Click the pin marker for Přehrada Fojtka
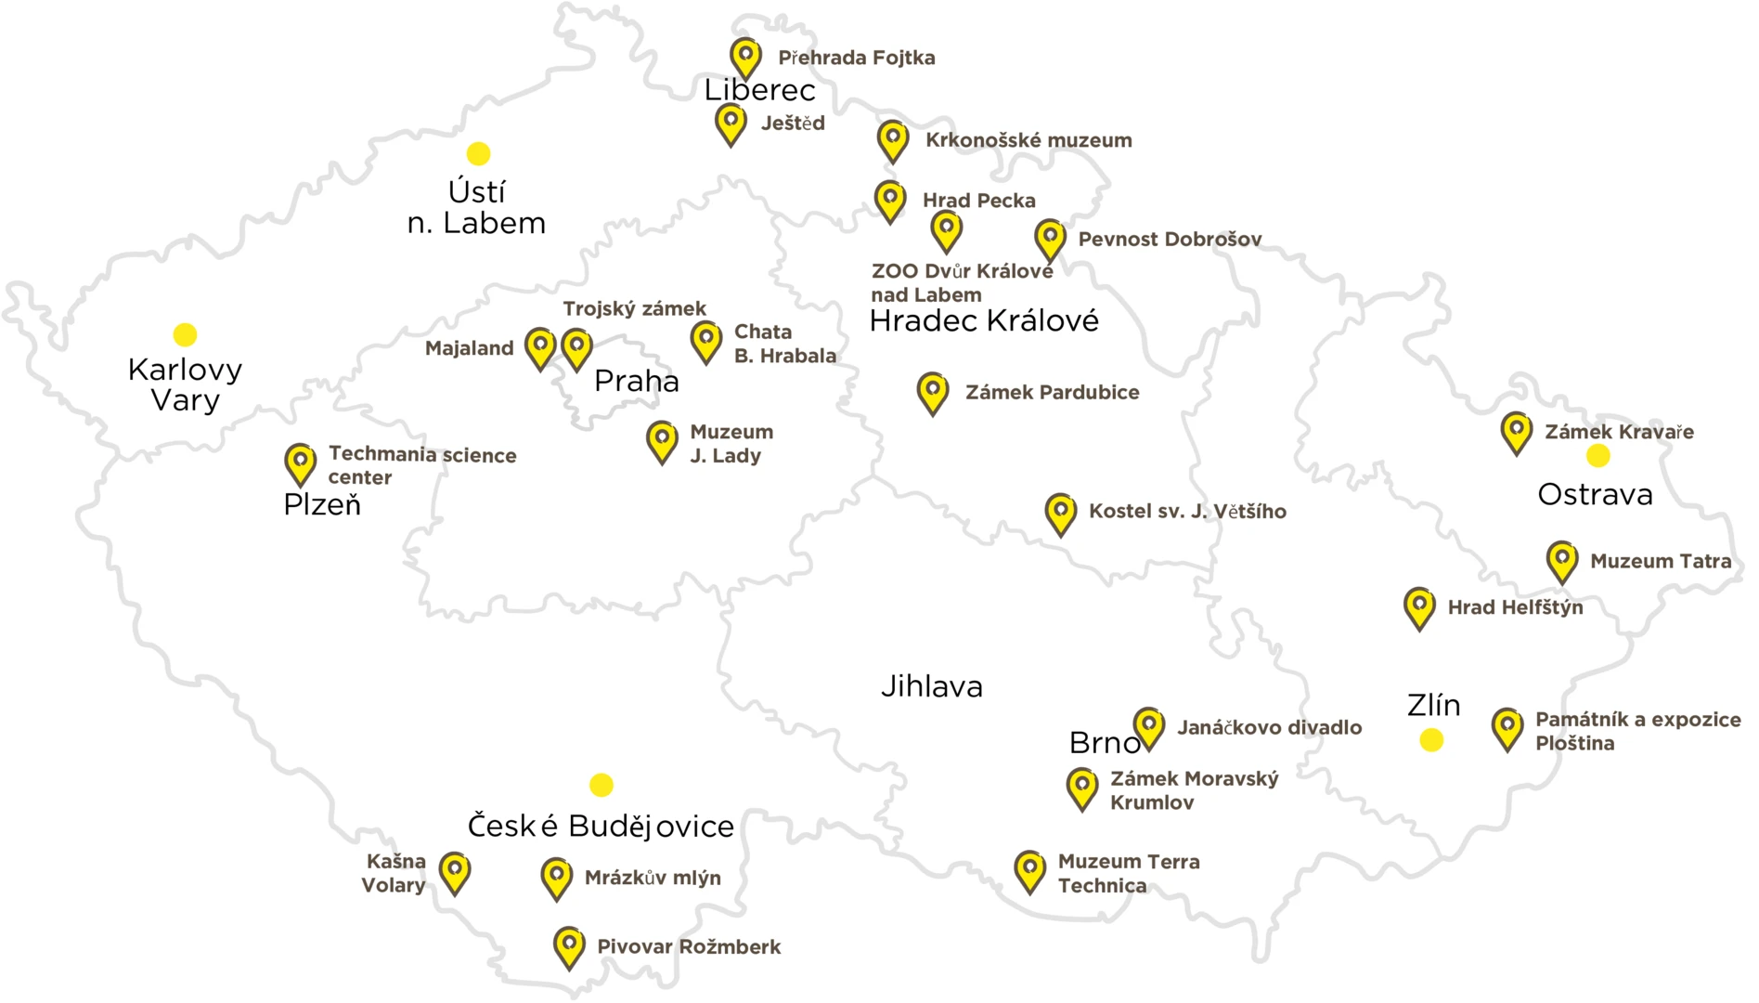pyautogui.click(x=745, y=57)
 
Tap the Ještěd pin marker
pyautogui.click(x=731, y=123)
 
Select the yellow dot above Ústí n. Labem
pyautogui.click(x=478, y=153)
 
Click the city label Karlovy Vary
pyautogui.click(x=185, y=384)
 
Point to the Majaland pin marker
pyautogui.click(x=540, y=347)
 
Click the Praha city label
pyautogui.click(x=637, y=381)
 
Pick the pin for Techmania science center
pyautogui.click(x=300, y=462)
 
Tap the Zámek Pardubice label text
pyautogui.click(x=1052, y=392)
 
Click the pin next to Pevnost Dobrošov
pyautogui.click(x=1050, y=239)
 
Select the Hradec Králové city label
pyautogui.click(x=984, y=321)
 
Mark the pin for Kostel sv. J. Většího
pyautogui.click(x=1060, y=513)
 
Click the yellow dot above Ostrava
pyautogui.click(x=1597, y=455)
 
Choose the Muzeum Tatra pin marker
pyautogui.click(x=1562, y=561)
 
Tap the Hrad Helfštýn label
pyautogui.click(x=1515, y=607)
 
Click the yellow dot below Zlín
pyautogui.click(x=1431, y=740)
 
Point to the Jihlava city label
pyautogui.click(x=931, y=687)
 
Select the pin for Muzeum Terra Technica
pyautogui.click(x=1029, y=870)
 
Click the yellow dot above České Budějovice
pyautogui.click(x=601, y=785)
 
